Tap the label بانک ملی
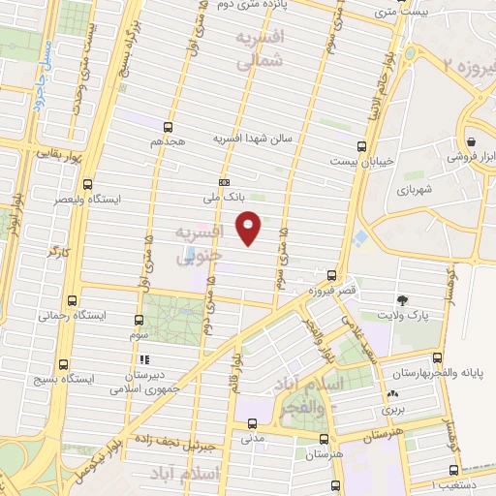[x=224, y=197]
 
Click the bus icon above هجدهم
[x=169, y=126]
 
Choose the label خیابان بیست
[x=361, y=161]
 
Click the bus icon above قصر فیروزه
[x=332, y=276]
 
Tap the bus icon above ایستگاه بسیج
[x=64, y=365]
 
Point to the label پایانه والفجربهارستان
[x=439, y=372]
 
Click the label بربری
[x=392, y=410]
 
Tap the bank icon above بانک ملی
[x=224, y=182]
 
